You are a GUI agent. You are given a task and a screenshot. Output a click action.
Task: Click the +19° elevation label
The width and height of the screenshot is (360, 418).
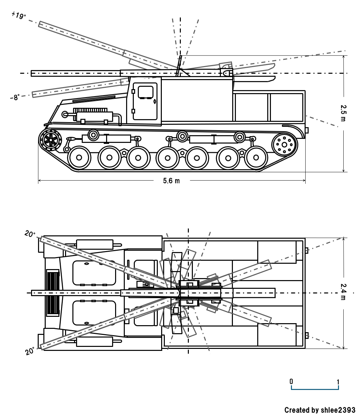19,15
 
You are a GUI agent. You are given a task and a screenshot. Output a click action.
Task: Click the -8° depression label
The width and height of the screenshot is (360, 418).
15,97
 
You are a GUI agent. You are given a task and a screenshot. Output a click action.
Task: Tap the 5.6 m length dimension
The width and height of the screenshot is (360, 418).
171,181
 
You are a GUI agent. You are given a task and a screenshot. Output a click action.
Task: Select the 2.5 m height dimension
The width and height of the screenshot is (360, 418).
344,113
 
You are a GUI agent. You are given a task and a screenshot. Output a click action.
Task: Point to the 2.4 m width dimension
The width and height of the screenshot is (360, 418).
344,292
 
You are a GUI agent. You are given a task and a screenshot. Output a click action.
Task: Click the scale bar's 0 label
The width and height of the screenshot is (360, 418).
291,381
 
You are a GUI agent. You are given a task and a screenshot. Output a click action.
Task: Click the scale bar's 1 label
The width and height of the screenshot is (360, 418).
338,381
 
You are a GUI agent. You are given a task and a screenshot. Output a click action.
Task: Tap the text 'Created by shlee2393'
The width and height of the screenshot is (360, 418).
320,410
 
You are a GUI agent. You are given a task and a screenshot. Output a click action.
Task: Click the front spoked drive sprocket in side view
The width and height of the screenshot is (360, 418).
51,139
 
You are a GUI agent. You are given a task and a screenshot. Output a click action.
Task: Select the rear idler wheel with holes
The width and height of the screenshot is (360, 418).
284,145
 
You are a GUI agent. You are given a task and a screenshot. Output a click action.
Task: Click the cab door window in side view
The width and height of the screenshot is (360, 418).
145,92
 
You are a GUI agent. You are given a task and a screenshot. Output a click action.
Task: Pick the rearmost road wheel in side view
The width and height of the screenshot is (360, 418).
256,158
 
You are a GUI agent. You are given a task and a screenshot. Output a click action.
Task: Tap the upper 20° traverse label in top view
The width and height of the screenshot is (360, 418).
29,234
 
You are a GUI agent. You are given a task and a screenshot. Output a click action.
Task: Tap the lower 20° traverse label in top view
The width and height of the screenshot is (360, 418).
29,351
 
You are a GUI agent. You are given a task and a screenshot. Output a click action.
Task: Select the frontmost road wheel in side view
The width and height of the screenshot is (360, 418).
79,158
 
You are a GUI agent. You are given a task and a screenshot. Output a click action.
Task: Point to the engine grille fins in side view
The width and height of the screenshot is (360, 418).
90,110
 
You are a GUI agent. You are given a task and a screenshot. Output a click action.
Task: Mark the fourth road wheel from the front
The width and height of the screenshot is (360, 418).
168,158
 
